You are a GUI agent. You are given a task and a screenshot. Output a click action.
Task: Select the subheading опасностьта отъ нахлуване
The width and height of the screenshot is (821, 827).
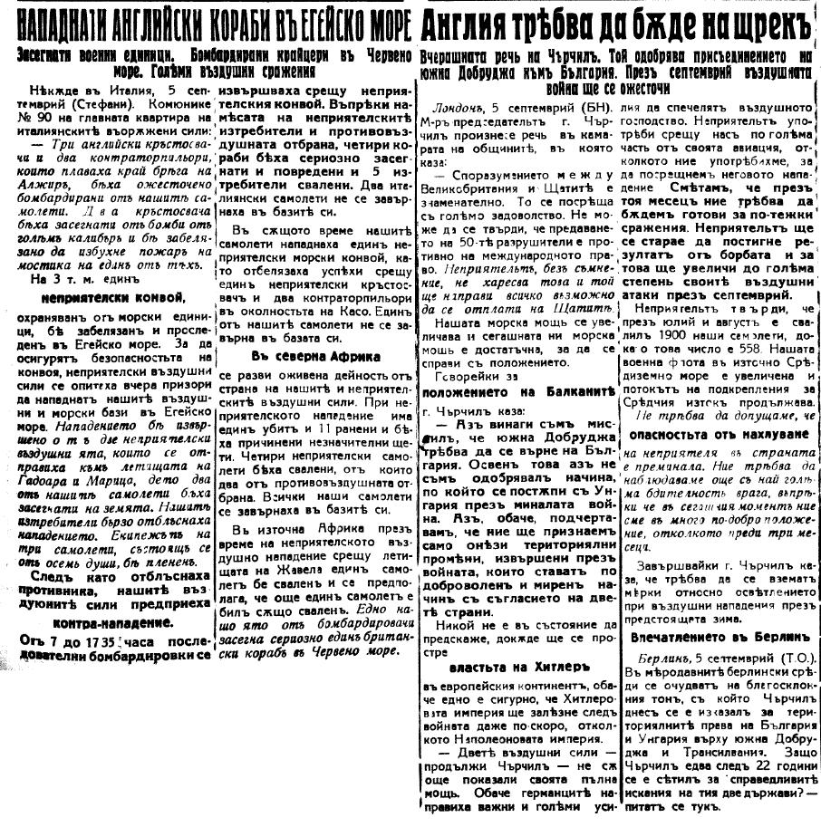(713, 433)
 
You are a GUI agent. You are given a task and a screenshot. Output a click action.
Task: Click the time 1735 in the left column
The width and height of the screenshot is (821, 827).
(113, 642)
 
